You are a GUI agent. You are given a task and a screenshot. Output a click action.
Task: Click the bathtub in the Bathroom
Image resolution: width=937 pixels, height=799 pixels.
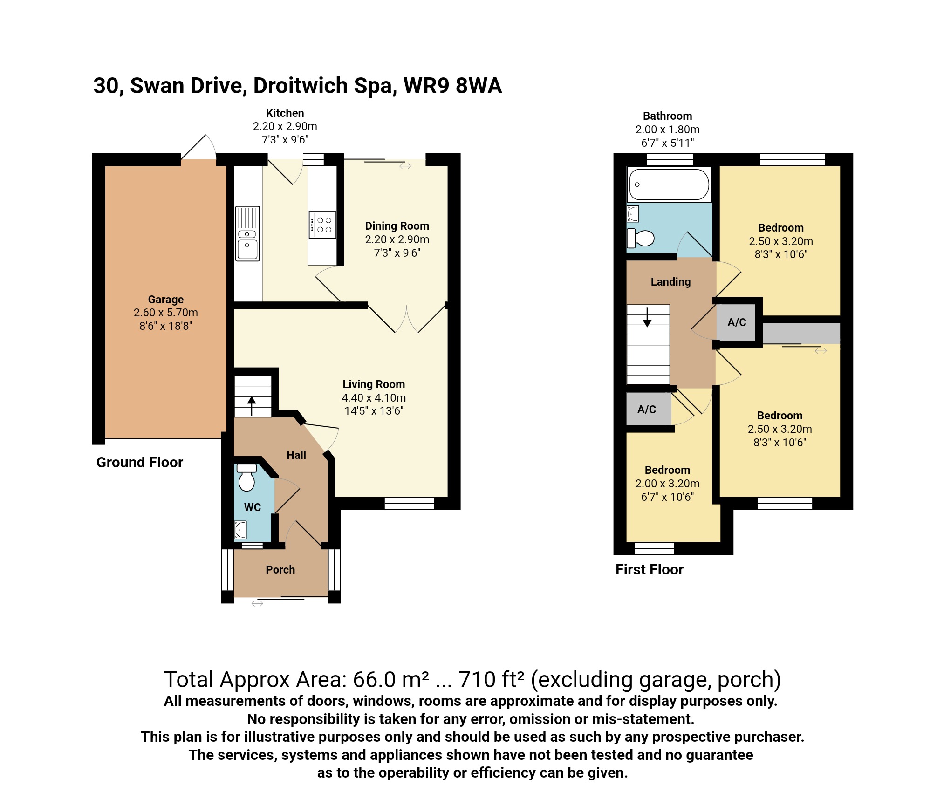(669, 184)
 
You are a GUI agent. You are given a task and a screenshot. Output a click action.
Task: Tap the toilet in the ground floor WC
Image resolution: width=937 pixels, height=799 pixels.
(246, 478)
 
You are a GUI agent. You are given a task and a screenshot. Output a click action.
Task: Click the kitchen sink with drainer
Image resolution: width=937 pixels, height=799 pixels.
(247, 233)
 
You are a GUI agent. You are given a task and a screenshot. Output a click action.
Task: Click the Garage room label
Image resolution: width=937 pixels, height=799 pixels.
(165, 299)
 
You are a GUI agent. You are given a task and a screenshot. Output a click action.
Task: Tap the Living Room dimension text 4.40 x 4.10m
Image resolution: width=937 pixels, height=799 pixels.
(374, 397)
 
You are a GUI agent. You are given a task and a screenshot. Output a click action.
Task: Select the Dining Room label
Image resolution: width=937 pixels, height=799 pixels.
(397, 226)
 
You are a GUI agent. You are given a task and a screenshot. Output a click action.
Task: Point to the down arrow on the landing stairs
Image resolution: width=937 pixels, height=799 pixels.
(647, 317)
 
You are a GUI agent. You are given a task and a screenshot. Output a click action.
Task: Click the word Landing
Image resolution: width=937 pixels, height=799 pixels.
(670, 282)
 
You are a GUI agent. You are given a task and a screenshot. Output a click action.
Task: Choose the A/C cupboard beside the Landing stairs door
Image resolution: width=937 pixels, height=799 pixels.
(737, 322)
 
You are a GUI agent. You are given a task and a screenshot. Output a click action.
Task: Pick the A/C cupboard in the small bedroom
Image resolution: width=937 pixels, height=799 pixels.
(647, 410)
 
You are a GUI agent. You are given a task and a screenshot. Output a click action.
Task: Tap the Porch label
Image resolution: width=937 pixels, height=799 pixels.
(280, 569)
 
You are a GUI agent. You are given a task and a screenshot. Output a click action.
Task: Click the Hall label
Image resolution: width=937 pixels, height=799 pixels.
(296, 455)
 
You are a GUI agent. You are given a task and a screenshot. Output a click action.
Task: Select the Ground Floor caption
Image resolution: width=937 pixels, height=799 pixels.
(139, 462)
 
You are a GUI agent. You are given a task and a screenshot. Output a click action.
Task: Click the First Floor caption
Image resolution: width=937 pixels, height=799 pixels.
(649, 569)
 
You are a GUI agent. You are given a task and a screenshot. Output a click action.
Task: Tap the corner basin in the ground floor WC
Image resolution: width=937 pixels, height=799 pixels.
(240, 530)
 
